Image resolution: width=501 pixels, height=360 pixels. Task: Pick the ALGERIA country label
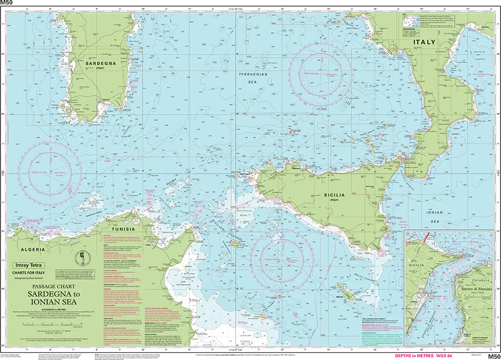tap(33, 249)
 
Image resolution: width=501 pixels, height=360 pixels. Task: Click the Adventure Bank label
tap(245, 213)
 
